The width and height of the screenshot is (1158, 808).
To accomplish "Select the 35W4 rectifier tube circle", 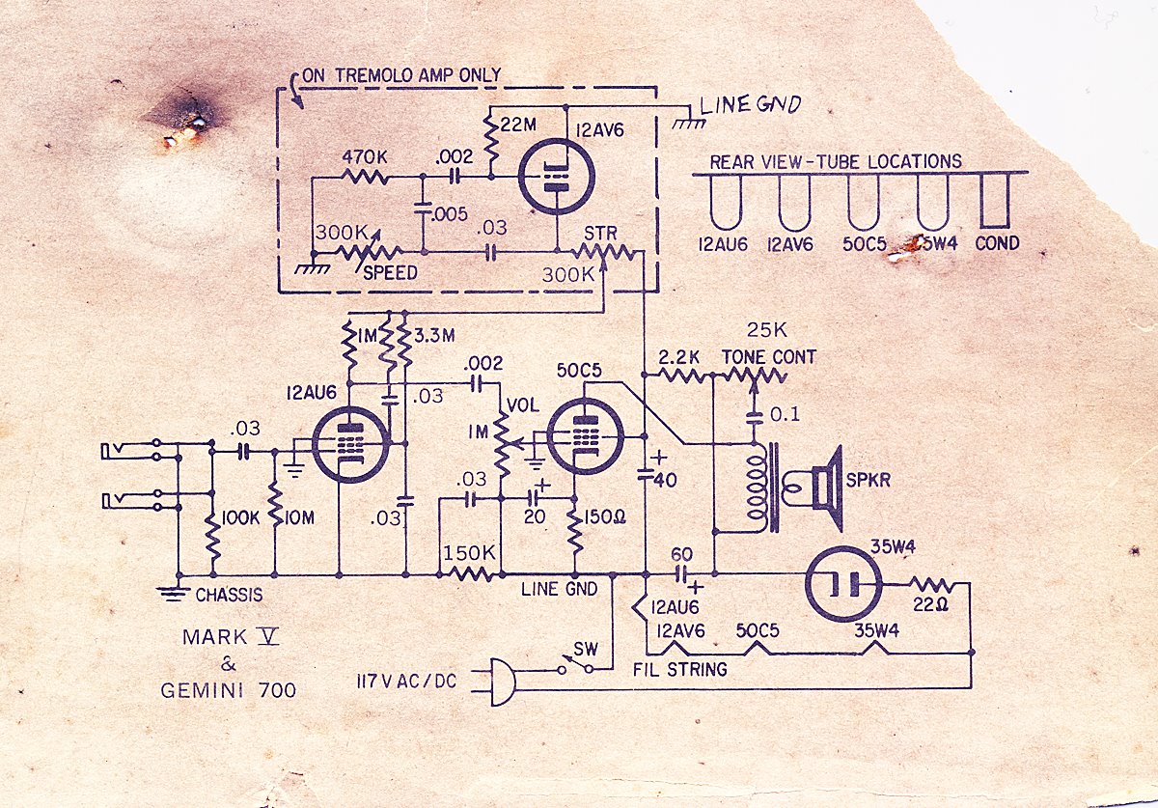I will (844, 584).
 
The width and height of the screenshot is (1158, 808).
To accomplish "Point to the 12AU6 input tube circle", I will (351, 444).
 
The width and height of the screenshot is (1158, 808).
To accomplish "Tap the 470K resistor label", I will (364, 155).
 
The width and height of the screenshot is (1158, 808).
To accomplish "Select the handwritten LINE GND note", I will (750, 105).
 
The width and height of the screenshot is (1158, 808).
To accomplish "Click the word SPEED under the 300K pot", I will (391, 273).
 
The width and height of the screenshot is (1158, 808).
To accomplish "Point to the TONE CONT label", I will (769, 357).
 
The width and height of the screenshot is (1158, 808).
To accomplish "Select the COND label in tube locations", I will (997, 244).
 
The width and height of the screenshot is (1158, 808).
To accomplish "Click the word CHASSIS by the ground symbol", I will (229, 595).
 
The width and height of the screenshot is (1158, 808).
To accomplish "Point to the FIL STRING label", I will (681, 668).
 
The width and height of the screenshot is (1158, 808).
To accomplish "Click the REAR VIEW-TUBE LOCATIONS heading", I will (836, 162).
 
